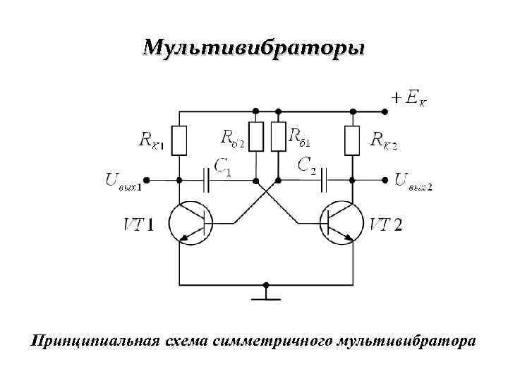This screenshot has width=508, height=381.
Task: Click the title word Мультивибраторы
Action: (x=254, y=48)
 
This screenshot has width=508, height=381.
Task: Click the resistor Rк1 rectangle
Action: (x=180, y=140)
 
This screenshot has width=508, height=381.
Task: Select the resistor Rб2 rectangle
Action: (x=256, y=137)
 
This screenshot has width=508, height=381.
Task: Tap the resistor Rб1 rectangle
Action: (x=279, y=137)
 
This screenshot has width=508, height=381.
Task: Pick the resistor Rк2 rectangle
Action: (x=352, y=140)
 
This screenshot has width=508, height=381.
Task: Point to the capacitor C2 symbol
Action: (x=324, y=181)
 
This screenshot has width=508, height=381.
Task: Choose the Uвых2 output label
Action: (x=413, y=182)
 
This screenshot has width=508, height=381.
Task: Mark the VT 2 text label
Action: (x=387, y=225)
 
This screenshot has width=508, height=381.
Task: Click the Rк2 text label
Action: (x=384, y=140)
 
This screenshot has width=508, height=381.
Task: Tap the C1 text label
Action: (x=223, y=167)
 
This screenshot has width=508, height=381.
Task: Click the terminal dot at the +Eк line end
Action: (x=385, y=111)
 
